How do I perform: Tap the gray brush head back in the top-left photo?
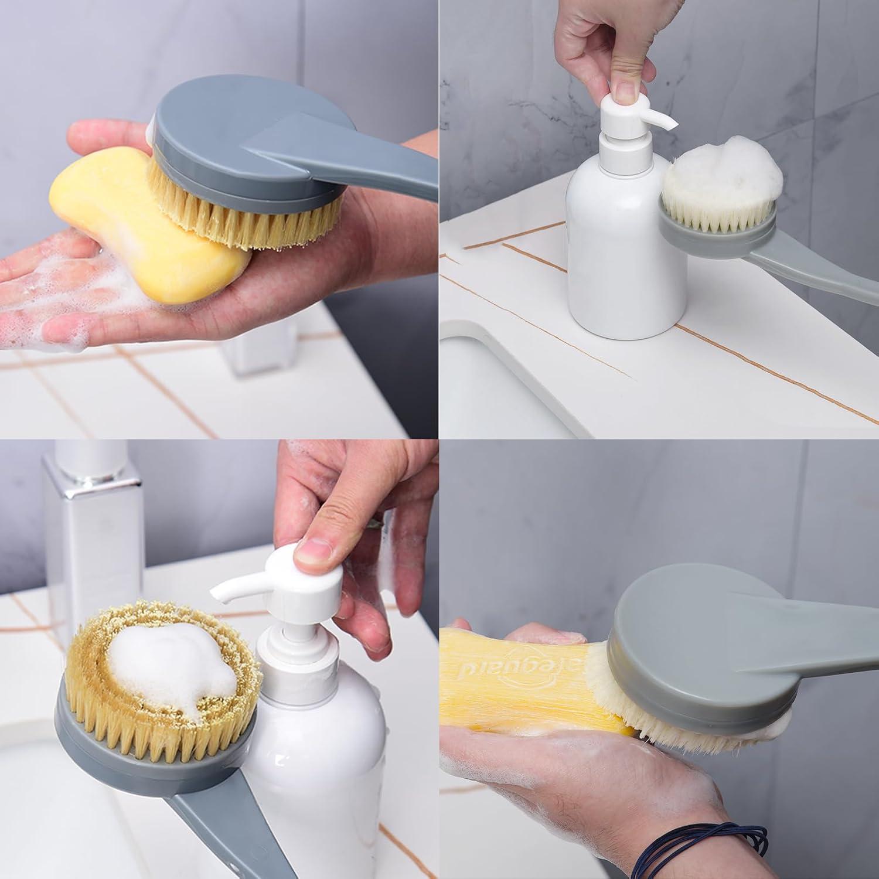(234, 135)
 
